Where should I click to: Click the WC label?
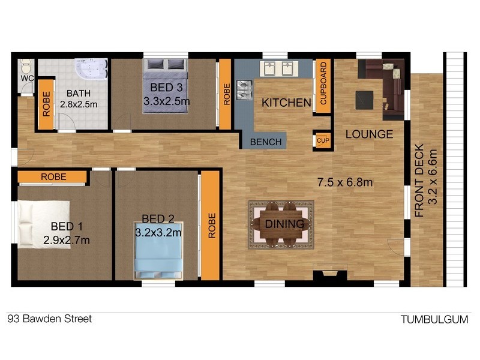tap(26, 78)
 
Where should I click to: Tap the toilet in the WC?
tap(26, 65)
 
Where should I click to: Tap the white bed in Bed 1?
tap(36, 223)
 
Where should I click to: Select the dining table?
tap(281, 224)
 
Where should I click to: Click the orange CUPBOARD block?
tap(323, 83)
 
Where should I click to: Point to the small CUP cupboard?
tap(323, 140)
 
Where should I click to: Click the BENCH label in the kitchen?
tap(266, 142)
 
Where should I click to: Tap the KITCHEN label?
tap(286, 103)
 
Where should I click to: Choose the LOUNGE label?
tap(369, 134)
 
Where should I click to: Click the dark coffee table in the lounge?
tap(364, 100)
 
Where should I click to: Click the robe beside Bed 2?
tap(211, 226)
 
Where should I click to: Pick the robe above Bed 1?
tap(53, 176)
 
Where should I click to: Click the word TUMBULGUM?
tap(434, 319)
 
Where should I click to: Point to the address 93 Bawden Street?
tap(50, 319)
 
